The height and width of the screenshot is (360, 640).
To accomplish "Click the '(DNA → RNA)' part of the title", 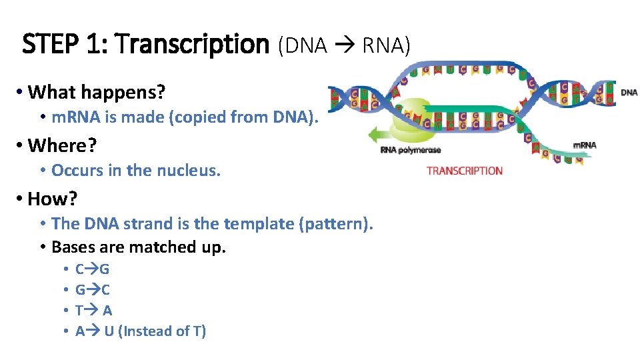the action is (344, 45).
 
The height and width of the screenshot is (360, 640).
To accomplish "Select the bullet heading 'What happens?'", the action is (97, 91).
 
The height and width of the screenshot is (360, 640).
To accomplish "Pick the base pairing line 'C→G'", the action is (92, 270).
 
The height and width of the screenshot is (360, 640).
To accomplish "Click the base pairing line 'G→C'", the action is (92, 290).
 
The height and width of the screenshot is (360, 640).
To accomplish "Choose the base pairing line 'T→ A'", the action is (93, 311).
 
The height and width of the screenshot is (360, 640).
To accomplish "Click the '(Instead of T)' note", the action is (161, 331).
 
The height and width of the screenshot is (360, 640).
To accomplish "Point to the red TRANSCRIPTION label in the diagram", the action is (464, 171).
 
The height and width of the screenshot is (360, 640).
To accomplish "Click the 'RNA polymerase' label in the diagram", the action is (410, 150).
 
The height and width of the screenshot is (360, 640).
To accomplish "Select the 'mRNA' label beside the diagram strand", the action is (585, 145).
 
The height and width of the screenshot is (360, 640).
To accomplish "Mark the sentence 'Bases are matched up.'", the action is (139, 247).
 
